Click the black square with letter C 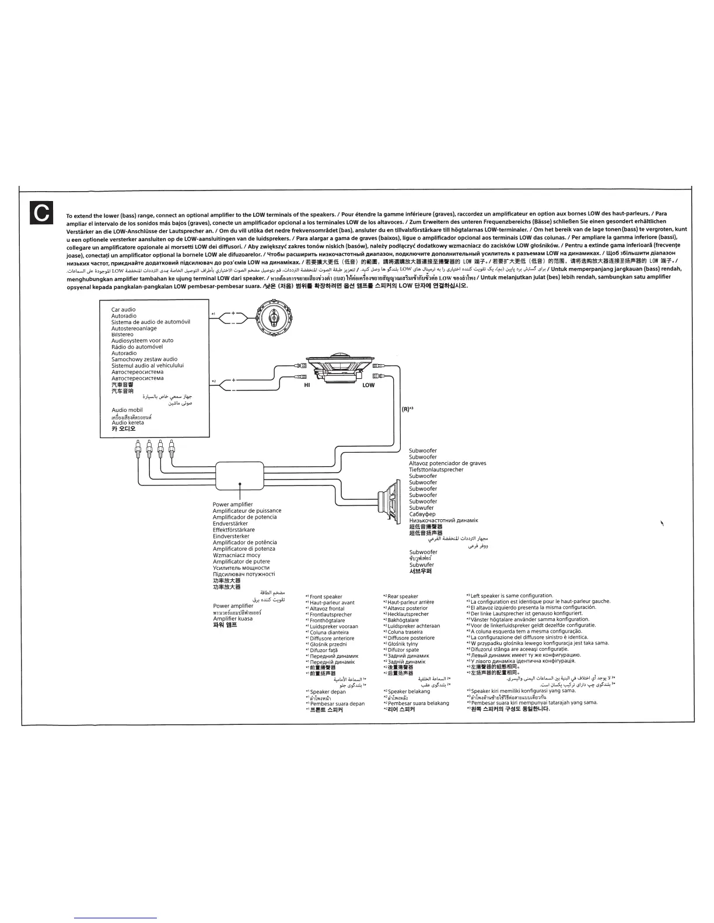pos(42,214)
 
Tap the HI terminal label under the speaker pos(307,385)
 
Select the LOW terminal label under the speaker pos(369,385)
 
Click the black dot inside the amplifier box pos(239,484)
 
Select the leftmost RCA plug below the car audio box pos(136,449)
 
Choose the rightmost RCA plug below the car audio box pos(171,449)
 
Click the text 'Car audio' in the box pos(124,310)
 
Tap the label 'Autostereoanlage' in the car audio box pos(134,329)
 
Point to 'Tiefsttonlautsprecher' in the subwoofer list pos(436,470)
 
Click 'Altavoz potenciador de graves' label pos(447,463)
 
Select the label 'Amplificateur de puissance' pos(247,511)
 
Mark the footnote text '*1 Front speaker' pos(324,597)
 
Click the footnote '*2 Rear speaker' pos(401,597)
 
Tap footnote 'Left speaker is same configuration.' pos(510,596)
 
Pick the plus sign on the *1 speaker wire pos(233,313)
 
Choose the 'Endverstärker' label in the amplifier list pos(230,524)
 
